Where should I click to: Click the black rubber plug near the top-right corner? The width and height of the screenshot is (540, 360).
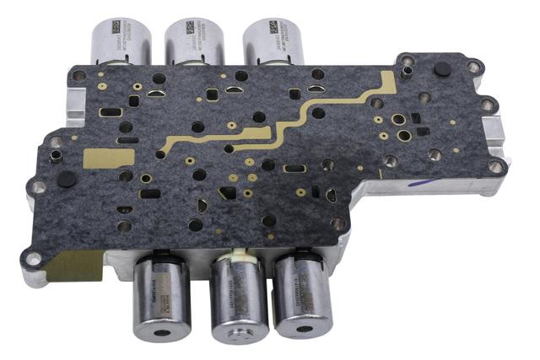click(x=441, y=71)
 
